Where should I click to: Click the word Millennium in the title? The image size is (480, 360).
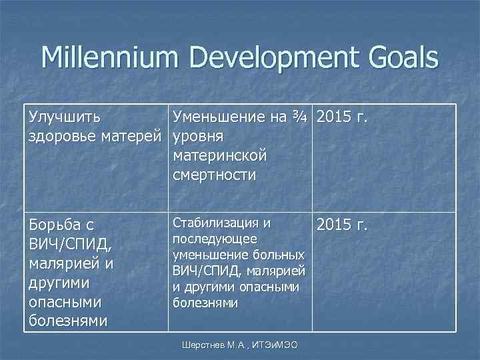(110, 58)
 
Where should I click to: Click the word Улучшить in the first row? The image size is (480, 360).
(65, 117)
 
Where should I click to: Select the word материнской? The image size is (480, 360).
(219, 155)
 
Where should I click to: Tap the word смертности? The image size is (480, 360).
(214, 175)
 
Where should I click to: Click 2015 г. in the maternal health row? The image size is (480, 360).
(343, 117)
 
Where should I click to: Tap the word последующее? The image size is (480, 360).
(206, 239)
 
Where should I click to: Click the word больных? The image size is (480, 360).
(281, 255)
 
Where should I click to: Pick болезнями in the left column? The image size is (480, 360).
(67, 321)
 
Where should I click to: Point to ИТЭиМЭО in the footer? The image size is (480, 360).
(275, 344)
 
